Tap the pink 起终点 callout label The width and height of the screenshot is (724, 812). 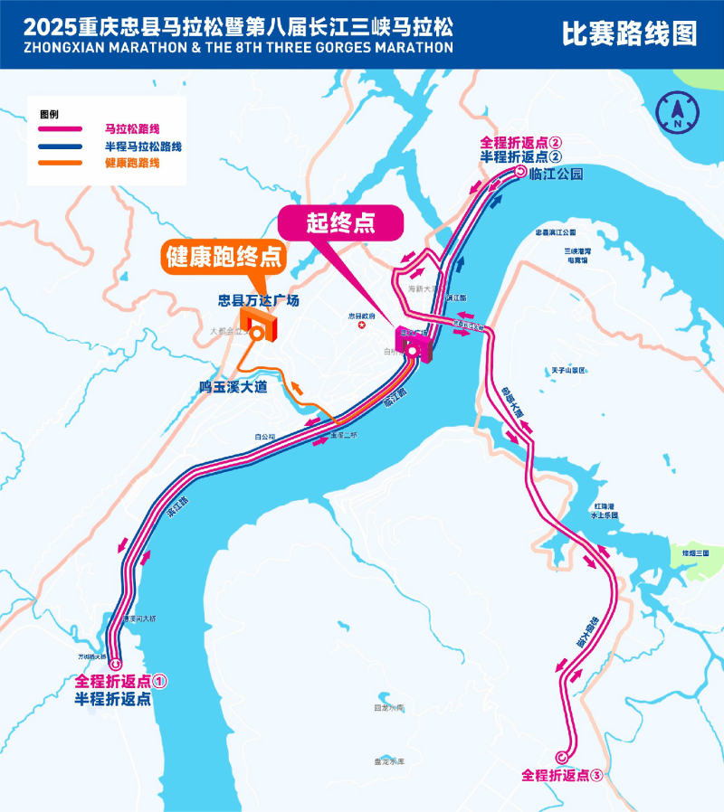339,222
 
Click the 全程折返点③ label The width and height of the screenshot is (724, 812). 562,775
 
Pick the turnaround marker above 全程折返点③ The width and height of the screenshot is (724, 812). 562,758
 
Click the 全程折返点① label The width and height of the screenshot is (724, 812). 122,681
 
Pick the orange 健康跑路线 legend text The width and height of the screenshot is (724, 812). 132,163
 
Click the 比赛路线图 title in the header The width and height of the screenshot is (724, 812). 630,34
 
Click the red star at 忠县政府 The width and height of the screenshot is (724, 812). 362,325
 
